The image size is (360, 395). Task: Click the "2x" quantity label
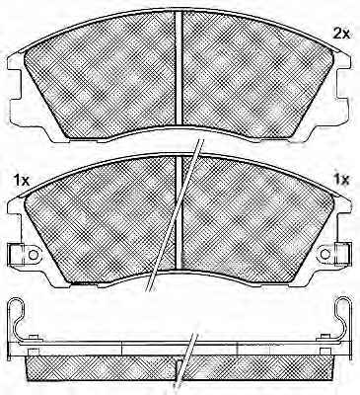pyautogui.click(x=342, y=34)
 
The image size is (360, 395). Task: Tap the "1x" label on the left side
pyautogui.click(x=21, y=180)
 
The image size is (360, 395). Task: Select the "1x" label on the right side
pyautogui.click(x=341, y=180)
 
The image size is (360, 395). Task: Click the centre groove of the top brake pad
pyautogui.click(x=179, y=68)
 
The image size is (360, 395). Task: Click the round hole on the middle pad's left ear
pyautogui.click(x=33, y=255)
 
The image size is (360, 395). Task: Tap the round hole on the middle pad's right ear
pyautogui.click(x=324, y=254)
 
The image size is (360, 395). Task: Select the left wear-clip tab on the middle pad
pyautogui.click(x=16, y=255)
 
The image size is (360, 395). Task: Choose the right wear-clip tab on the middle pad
pyautogui.click(x=343, y=254)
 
